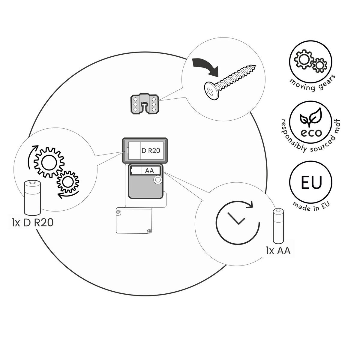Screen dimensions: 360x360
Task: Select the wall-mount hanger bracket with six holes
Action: (x=145, y=104)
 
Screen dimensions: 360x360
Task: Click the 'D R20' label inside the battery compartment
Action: (x=151, y=151)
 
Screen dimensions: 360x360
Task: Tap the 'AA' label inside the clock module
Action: (x=149, y=171)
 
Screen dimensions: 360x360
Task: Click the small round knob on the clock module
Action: (x=158, y=180)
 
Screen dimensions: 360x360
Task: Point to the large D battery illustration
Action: (x=32, y=198)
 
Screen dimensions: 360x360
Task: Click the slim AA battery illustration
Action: (x=278, y=226)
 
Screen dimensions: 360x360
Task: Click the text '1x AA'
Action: (x=278, y=251)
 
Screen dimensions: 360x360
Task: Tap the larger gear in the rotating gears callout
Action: (x=49, y=162)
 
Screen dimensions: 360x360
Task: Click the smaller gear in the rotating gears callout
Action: (x=68, y=182)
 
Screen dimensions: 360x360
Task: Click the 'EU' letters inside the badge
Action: (x=311, y=182)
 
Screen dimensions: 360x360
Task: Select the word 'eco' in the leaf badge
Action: (x=311, y=133)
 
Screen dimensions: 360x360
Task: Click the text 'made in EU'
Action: (x=311, y=207)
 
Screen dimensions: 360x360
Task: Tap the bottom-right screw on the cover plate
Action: (x=150, y=232)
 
